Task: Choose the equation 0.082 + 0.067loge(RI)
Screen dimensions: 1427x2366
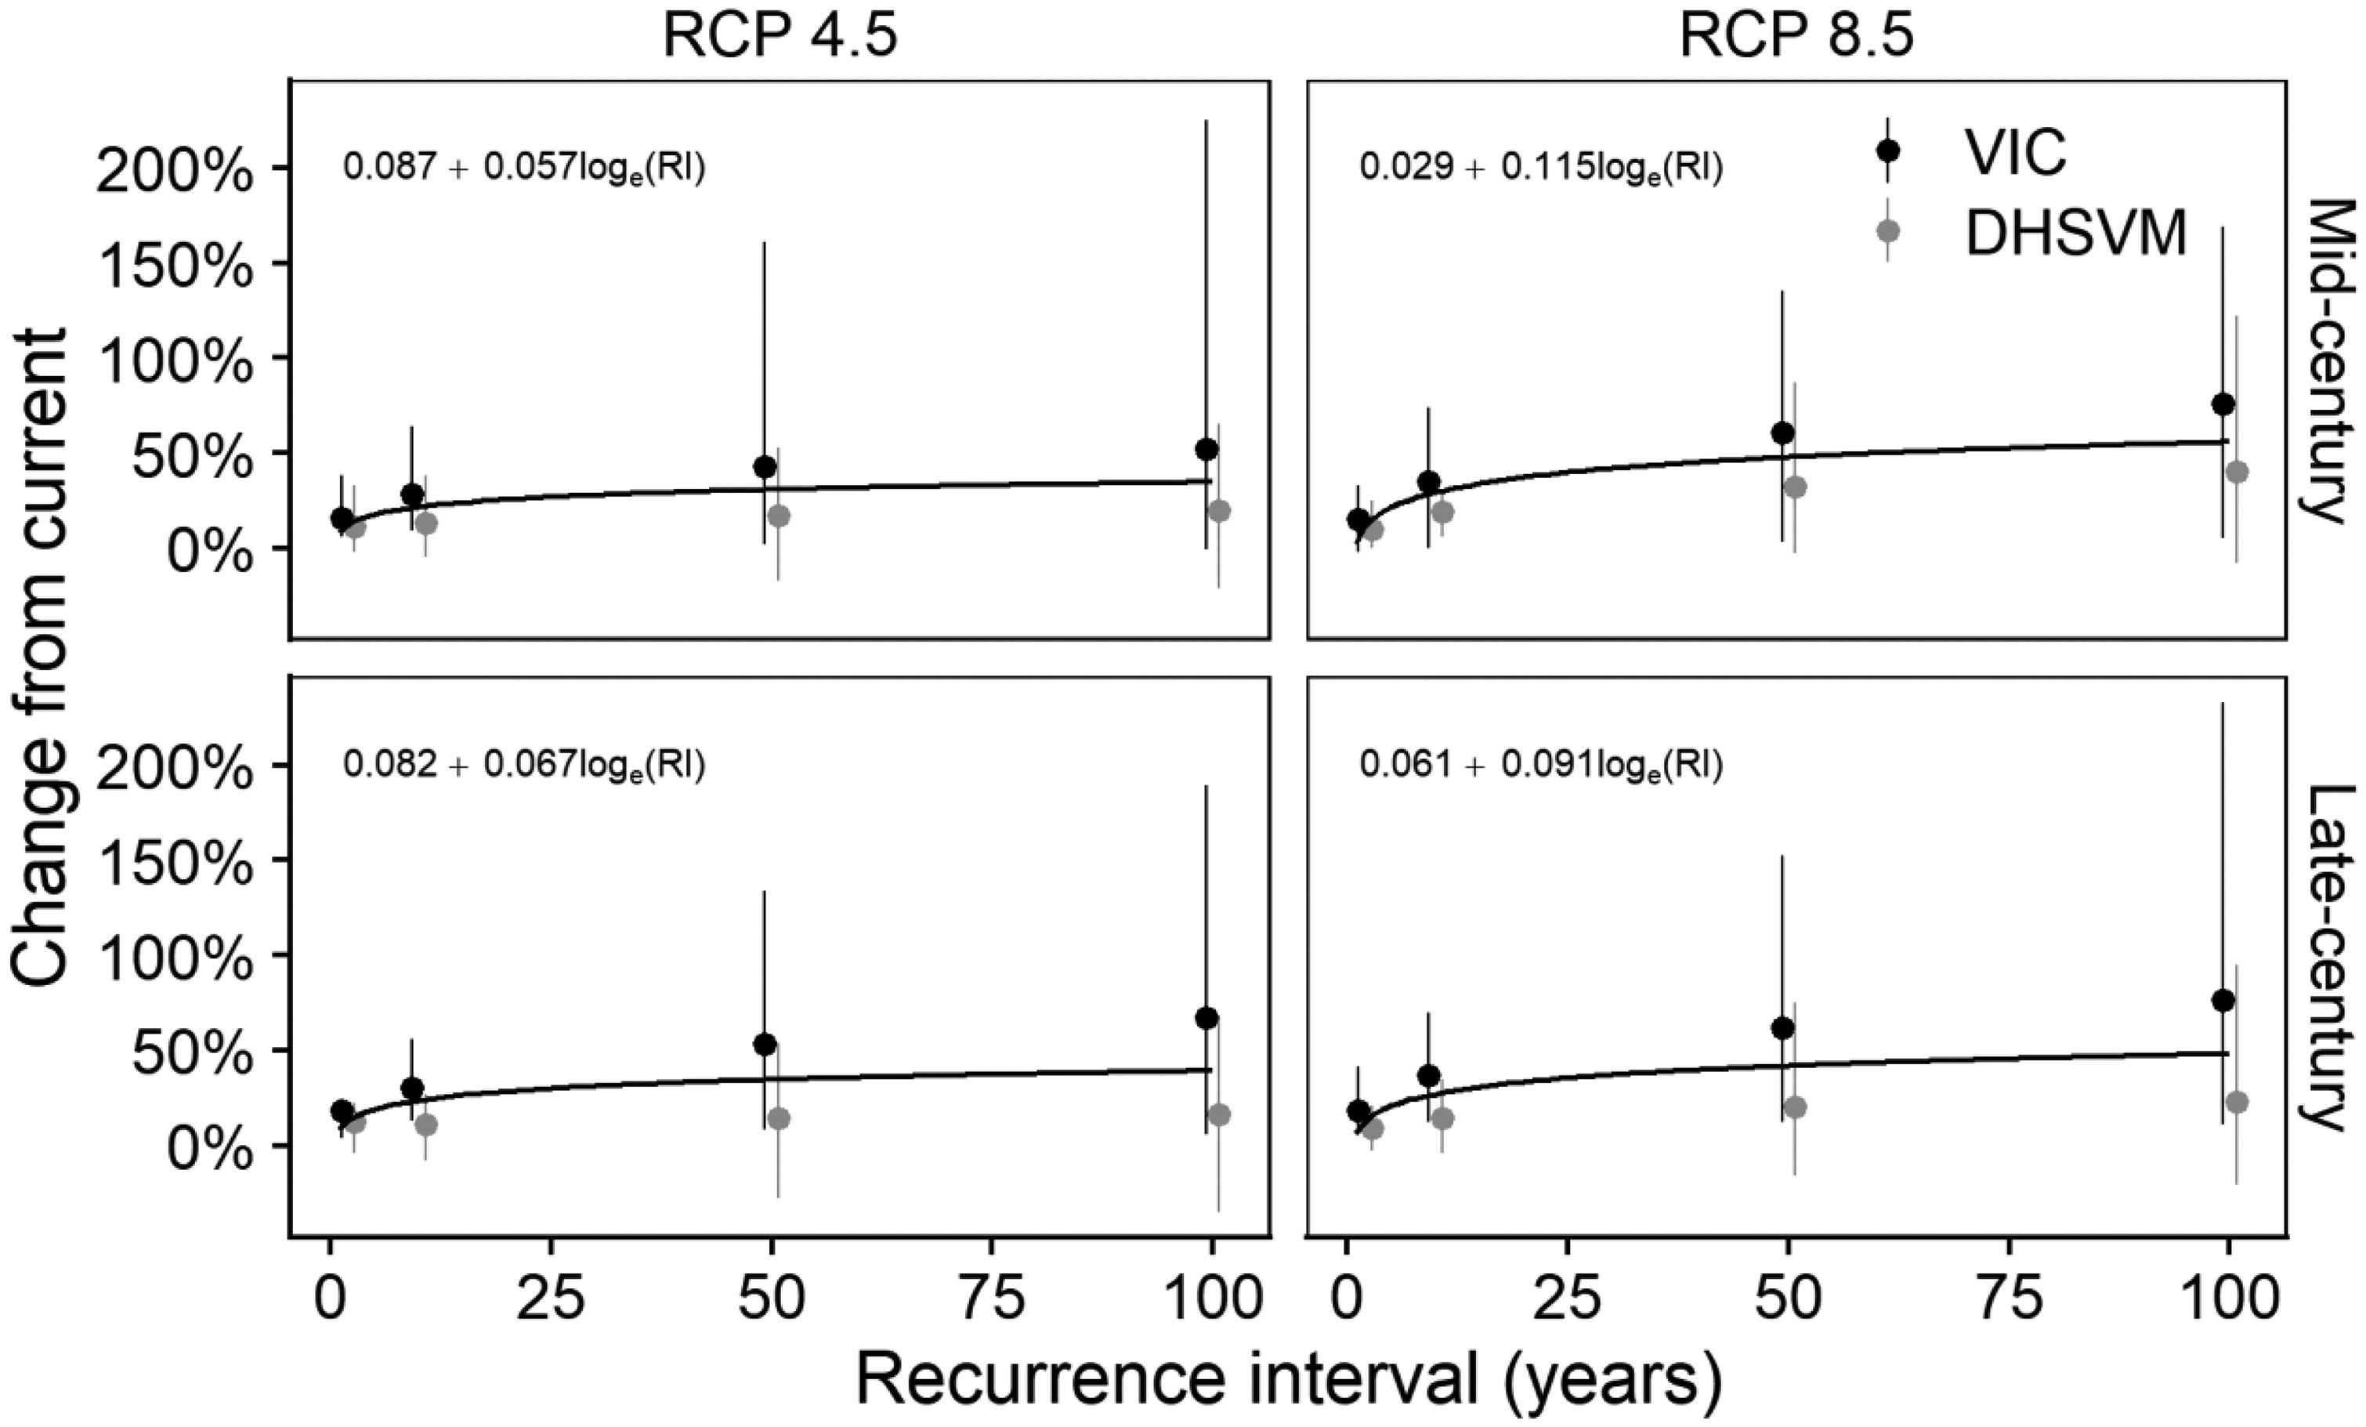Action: pos(524,766)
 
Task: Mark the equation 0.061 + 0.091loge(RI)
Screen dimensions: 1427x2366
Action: pos(1540,766)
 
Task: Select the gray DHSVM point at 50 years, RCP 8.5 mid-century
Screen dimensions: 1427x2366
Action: pos(1795,487)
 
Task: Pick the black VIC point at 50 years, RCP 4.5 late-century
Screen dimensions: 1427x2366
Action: pos(765,1044)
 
